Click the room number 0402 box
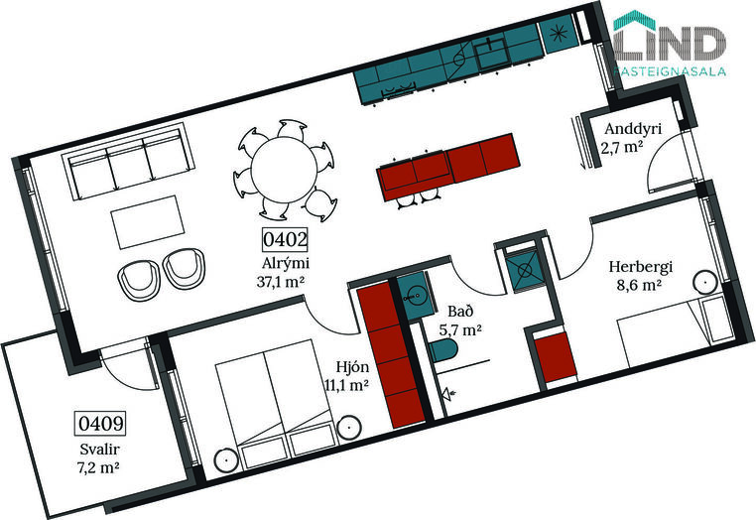(285, 239)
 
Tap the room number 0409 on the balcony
(100, 424)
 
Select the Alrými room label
(286, 263)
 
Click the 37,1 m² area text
(281, 281)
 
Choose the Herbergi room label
(640, 267)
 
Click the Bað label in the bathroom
(460, 312)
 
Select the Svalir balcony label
(99, 450)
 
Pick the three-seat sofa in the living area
(128, 162)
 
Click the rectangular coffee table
(148, 222)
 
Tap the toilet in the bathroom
(442, 350)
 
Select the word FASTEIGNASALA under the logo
(670, 71)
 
